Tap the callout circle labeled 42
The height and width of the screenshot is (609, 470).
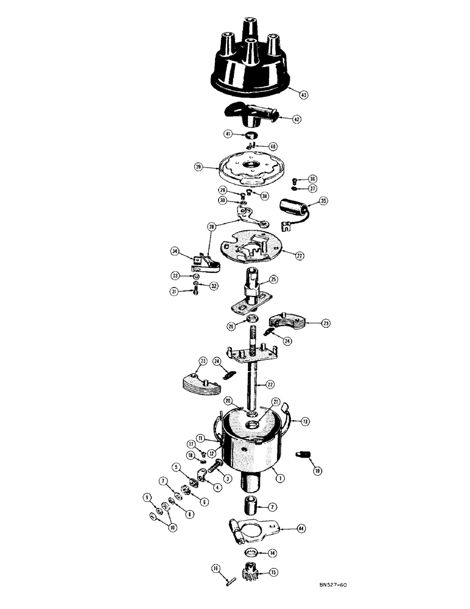point(296,120)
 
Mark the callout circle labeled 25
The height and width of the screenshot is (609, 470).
point(273,280)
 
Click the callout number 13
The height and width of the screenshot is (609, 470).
point(305,421)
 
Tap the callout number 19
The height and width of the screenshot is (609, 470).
point(317,471)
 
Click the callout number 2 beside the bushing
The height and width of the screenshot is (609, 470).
point(272,507)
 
